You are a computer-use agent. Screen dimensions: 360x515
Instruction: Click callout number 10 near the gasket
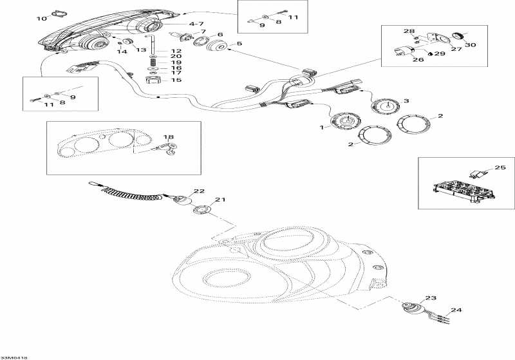41,19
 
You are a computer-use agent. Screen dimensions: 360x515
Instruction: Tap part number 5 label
239,44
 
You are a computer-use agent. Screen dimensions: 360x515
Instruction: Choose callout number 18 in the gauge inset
169,137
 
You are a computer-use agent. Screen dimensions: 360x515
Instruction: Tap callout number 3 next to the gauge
406,100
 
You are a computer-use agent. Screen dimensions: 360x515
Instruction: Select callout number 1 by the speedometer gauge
322,128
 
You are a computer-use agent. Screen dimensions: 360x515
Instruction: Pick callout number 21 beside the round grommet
221,200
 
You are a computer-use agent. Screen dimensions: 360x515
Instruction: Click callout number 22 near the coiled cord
200,191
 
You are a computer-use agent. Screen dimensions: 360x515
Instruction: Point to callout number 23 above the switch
431,298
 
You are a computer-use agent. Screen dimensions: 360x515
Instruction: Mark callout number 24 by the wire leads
456,310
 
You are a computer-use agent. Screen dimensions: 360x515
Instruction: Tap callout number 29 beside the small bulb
440,53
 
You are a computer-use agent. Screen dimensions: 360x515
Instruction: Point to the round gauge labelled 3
385,108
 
